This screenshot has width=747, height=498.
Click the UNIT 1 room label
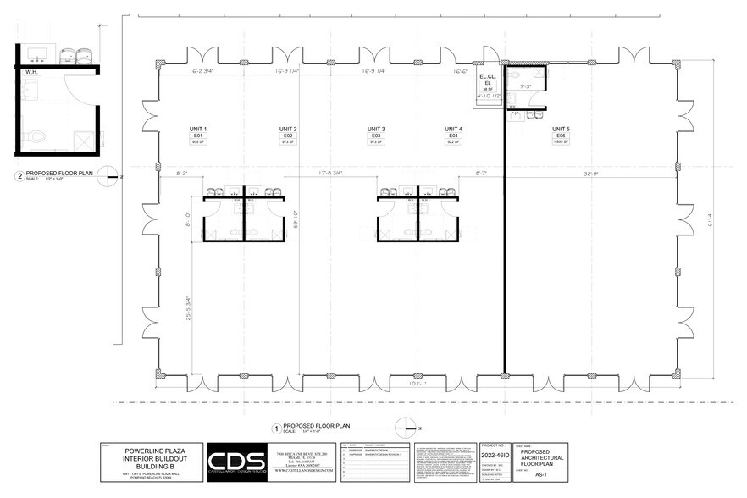point(200,129)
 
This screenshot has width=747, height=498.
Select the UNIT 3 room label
point(375,129)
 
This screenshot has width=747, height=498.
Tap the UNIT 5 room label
point(561,129)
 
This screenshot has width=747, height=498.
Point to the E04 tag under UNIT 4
point(452,136)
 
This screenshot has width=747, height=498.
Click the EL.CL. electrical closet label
point(486,77)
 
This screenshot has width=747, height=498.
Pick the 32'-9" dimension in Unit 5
point(590,174)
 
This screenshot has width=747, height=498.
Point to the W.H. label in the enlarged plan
point(31,73)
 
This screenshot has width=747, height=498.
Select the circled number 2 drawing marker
point(19,177)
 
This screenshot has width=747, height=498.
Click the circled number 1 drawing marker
point(275,429)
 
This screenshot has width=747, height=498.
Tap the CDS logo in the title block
point(237,461)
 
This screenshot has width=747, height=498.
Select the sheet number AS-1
point(539,476)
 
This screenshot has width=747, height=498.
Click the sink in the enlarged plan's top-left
point(37,57)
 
